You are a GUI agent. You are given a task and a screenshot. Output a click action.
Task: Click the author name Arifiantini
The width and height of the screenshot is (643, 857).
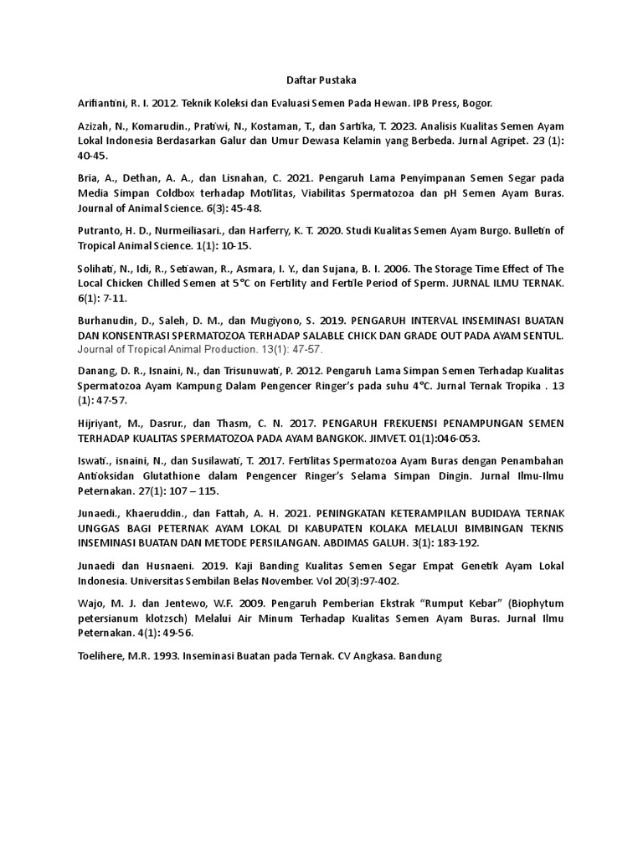click(x=101, y=104)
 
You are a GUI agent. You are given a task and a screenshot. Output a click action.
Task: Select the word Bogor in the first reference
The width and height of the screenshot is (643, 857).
click(x=478, y=104)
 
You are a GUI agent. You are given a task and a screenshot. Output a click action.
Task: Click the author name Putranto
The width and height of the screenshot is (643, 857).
click(x=99, y=231)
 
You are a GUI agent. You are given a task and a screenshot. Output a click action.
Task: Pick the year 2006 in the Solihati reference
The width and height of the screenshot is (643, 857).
click(x=343, y=269)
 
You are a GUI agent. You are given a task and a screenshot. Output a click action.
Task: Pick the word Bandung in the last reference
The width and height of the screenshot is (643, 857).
click(x=419, y=657)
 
